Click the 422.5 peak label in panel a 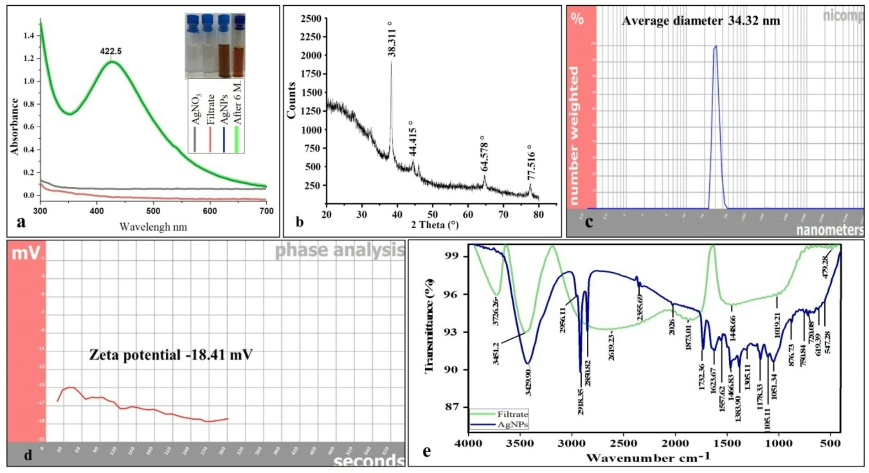point(111,51)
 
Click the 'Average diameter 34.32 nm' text point(701,21)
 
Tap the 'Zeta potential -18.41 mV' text point(171,355)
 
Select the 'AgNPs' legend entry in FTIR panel point(512,425)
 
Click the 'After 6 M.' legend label point(237,104)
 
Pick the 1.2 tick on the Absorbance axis point(29,58)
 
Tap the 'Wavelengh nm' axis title point(153,227)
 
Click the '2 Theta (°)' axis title point(434,225)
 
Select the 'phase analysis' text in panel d point(340,250)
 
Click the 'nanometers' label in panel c point(830,230)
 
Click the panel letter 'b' point(299,222)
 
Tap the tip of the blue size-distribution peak point(716,46)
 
